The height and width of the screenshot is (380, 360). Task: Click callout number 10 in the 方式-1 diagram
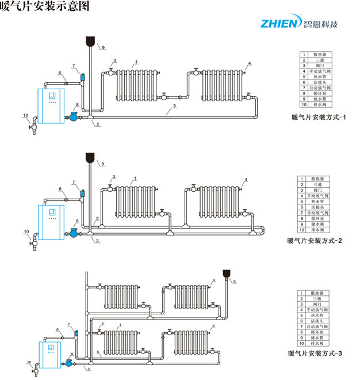(x=26, y=116)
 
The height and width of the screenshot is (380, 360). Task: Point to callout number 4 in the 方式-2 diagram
(x=246, y=180)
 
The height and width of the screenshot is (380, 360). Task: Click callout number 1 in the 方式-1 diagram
(x=136, y=62)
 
